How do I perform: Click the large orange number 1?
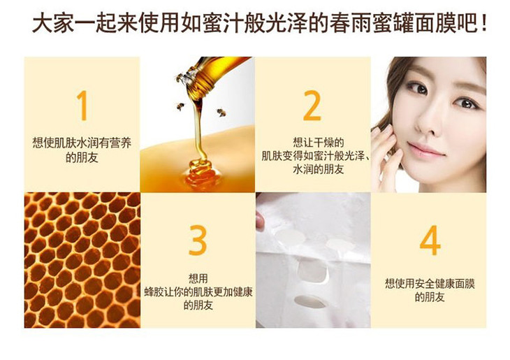pyautogui.click(x=82, y=106)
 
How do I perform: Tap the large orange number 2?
pyautogui.click(x=312, y=106)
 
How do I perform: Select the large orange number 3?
pyautogui.click(x=198, y=240)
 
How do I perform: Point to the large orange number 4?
pyautogui.click(x=430, y=240)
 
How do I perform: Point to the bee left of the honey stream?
pyautogui.click(x=180, y=106)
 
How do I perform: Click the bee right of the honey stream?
pyautogui.click(x=221, y=113)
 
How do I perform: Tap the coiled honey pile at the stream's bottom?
pyautogui.click(x=201, y=173)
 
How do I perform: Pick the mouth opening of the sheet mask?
pyautogui.click(x=309, y=301)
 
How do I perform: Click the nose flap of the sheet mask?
pyautogui.click(x=312, y=270)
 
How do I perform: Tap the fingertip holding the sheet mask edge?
pyautogui.click(x=260, y=220)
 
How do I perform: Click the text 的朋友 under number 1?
pyautogui.click(x=82, y=157)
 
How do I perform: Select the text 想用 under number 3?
pyautogui.click(x=198, y=278)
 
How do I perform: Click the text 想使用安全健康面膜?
pyautogui.click(x=430, y=283)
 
